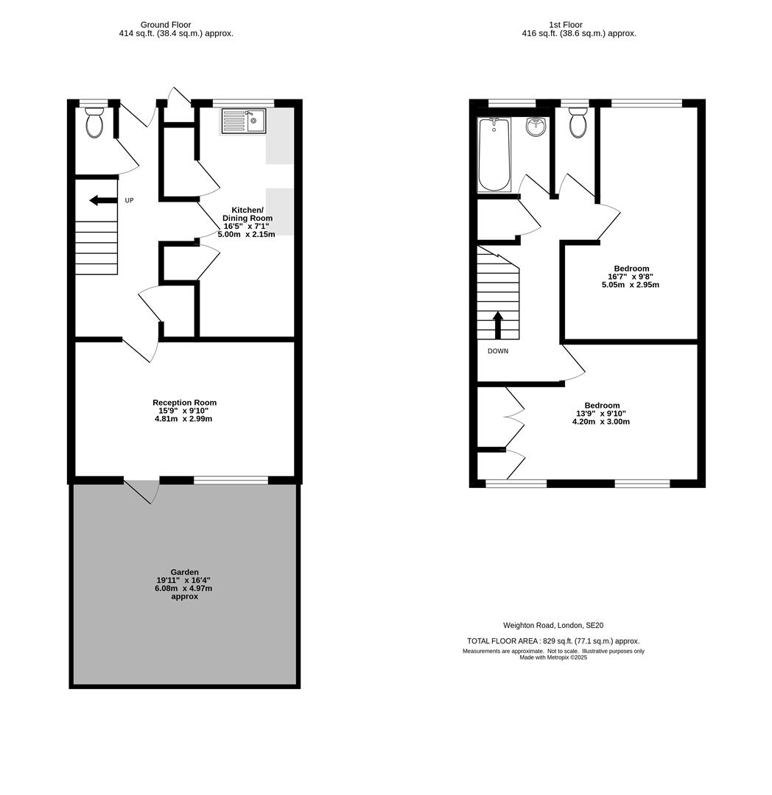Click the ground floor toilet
point(94,123)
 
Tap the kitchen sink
point(243,121)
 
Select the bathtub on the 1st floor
point(494,155)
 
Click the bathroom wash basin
point(536,127)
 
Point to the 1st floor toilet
point(578,123)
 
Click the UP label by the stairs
point(129,200)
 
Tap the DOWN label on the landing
point(498,351)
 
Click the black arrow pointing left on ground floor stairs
point(102,200)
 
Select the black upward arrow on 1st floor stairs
point(498,324)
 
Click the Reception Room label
point(184,403)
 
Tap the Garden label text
point(184,572)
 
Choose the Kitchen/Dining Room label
point(247,214)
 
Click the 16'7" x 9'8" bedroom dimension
point(631,277)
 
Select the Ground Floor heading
point(166,24)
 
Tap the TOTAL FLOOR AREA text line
point(553,641)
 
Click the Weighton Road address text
point(553,625)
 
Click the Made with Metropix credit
point(553,657)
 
